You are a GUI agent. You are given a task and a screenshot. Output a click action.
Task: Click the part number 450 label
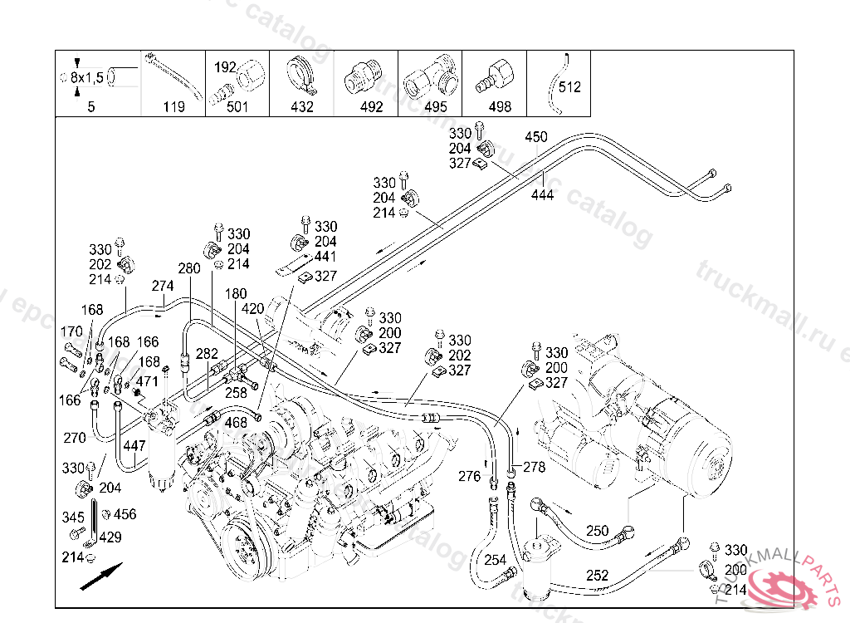[536, 137]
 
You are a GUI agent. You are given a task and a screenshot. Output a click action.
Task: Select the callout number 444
[543, 194]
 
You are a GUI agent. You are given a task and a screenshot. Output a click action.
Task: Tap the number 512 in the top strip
[569, 86]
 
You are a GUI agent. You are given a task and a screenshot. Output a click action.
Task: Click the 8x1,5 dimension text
[86, 77]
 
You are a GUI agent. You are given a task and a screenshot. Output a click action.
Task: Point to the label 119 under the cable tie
[173, 107]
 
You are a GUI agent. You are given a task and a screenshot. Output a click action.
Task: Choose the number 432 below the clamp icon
[301, 107]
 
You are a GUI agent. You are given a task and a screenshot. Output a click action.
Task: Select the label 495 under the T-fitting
[435, 107]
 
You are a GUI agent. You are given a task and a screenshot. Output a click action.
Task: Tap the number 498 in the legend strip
[500, 107]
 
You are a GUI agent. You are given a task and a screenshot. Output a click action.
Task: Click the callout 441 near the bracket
[325, 258]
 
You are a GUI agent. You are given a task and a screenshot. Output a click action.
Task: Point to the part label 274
[163, 286]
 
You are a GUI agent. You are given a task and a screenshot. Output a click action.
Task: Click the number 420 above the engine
[252, 309]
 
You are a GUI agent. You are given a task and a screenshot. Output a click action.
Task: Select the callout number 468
[236, 423]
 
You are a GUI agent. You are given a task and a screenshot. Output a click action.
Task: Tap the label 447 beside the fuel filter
[134, 446]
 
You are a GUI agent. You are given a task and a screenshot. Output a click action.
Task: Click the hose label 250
[597, 531]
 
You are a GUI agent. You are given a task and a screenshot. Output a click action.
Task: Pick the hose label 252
[597, 575]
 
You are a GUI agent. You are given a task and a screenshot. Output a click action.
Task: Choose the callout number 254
[495, 560]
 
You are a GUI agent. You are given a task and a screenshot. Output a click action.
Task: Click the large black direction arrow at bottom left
[101, 576]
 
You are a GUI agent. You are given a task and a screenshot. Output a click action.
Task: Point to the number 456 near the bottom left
[125, 514]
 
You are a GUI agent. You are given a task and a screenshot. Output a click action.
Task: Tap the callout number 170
[72, 331]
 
